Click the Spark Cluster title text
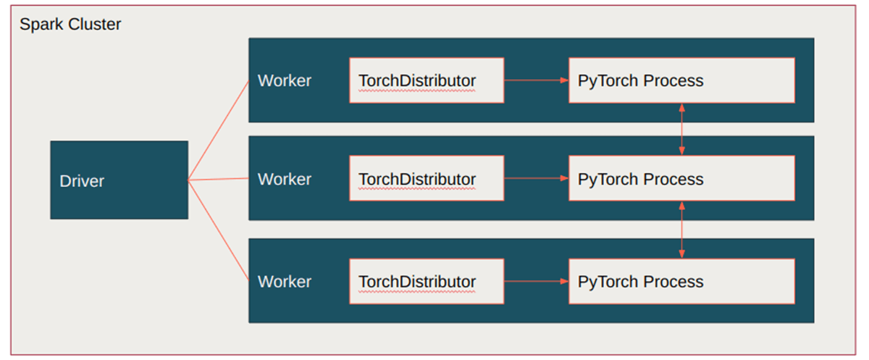(70, 25)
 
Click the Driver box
(119, 180)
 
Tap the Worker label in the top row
(285, 80)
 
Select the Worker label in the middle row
(285, 179)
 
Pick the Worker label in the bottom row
(285, 282)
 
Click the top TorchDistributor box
(426, 80)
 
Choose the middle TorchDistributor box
(426, 179)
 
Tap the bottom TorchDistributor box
(426, 282)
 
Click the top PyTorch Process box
(681, 80)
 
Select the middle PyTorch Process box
(681, 179)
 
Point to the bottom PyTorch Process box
(681, 282)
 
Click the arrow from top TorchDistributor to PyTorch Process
(536, 80)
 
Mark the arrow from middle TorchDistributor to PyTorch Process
(536, 178)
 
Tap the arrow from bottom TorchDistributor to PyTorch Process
(536, 281)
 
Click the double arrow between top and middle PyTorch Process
(681, 129)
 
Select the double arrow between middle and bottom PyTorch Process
(681, 230)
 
